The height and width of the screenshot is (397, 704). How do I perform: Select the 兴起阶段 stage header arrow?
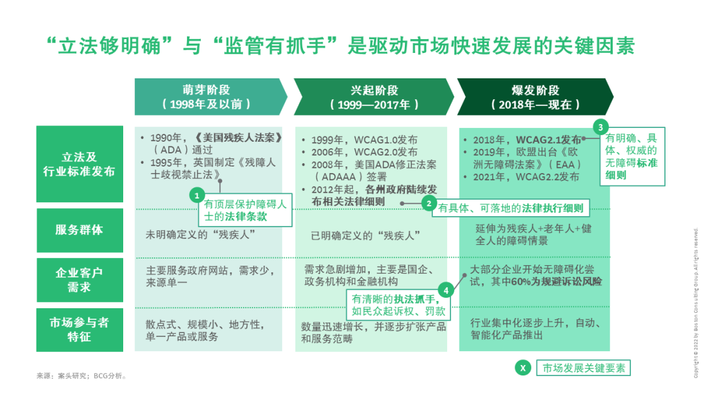374,97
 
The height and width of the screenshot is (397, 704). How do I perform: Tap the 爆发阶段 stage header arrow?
535,97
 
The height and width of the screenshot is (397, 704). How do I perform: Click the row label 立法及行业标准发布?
80,164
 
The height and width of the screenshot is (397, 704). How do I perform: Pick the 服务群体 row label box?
80,230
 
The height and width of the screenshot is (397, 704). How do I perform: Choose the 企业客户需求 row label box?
80,279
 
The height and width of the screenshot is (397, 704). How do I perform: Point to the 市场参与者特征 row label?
80,330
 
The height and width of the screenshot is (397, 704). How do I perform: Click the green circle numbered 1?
197,196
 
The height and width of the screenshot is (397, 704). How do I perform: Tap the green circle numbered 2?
429,204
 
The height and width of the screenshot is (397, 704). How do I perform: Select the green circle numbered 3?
600,127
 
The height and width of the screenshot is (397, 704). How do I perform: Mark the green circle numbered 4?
445,291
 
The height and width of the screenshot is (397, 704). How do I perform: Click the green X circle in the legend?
523,368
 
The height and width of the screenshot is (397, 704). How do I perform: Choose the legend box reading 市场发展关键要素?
583,368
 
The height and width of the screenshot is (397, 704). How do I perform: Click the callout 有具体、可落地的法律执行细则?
510,208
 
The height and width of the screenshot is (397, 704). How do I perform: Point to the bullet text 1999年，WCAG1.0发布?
364,140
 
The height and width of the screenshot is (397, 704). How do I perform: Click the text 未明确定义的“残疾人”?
200,234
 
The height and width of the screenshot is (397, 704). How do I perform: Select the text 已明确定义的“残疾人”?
366,236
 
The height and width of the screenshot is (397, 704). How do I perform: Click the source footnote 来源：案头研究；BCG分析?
81,376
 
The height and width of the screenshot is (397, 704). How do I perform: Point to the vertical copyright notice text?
696,302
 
